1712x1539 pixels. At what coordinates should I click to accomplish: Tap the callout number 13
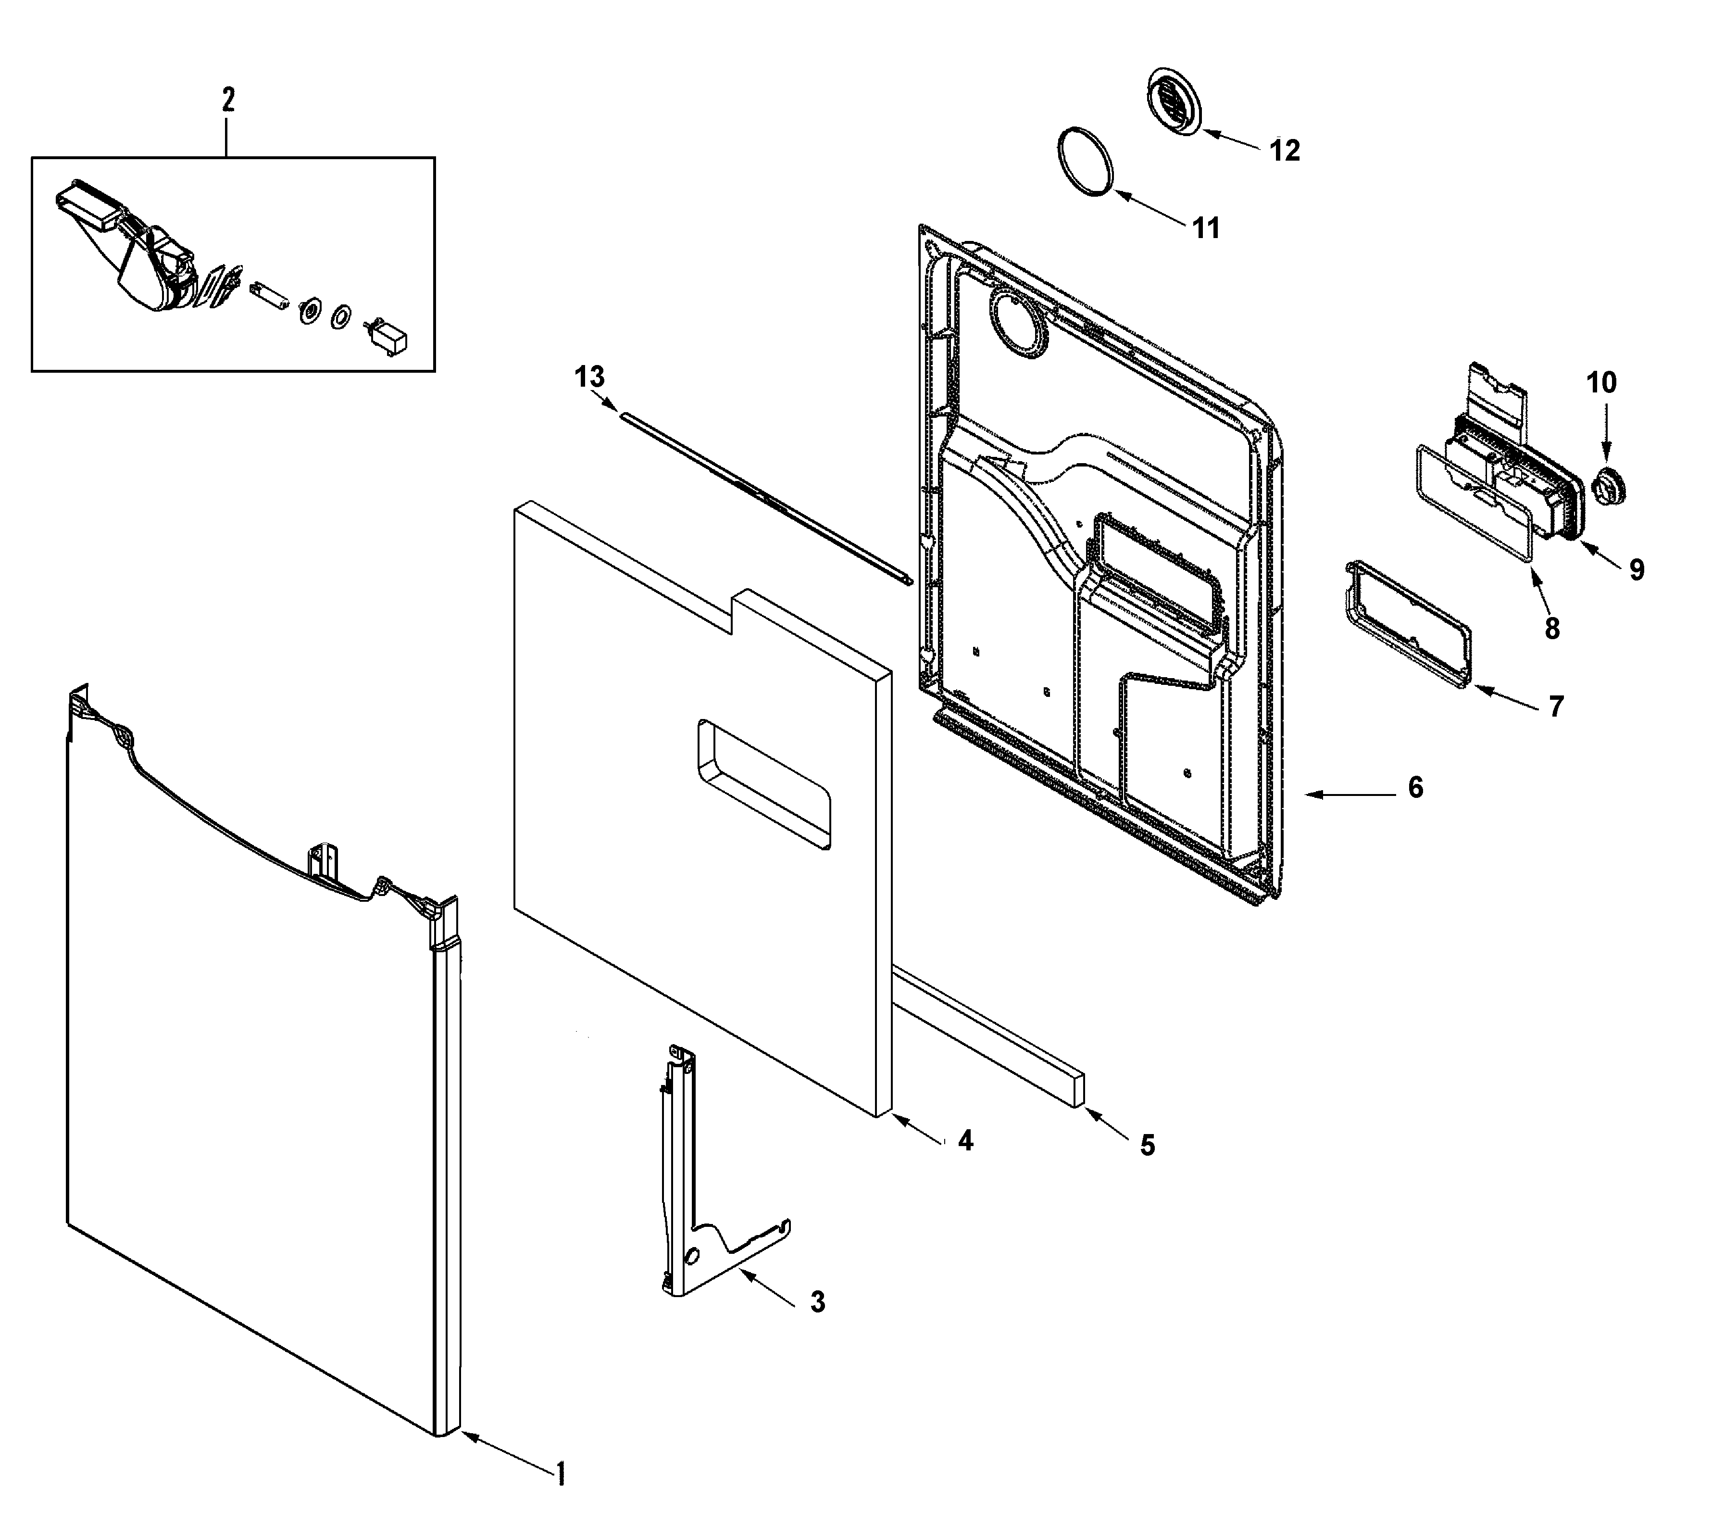(x=589, y=377)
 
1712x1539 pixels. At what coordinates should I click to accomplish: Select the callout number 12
(x=1284, y=151)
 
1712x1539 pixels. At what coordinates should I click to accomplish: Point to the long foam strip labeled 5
(x=989, y=1037)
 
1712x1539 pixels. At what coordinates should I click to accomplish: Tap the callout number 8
(x=1551, y=628)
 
